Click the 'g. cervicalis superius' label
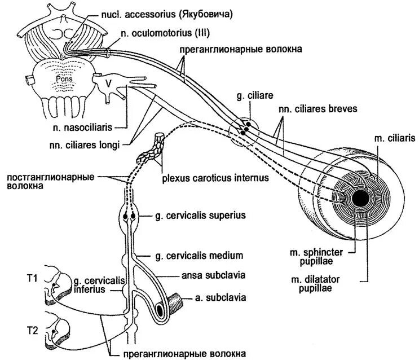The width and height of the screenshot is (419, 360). (195, 216)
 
